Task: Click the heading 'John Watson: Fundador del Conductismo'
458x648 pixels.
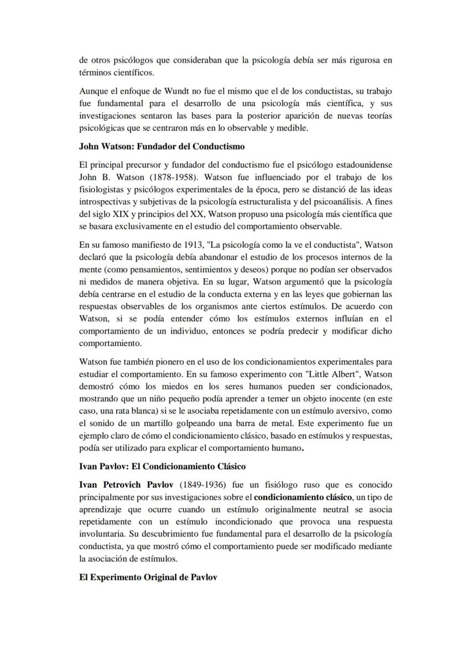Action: coord(162,147)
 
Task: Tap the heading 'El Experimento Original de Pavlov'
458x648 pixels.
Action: coord(148,577)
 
